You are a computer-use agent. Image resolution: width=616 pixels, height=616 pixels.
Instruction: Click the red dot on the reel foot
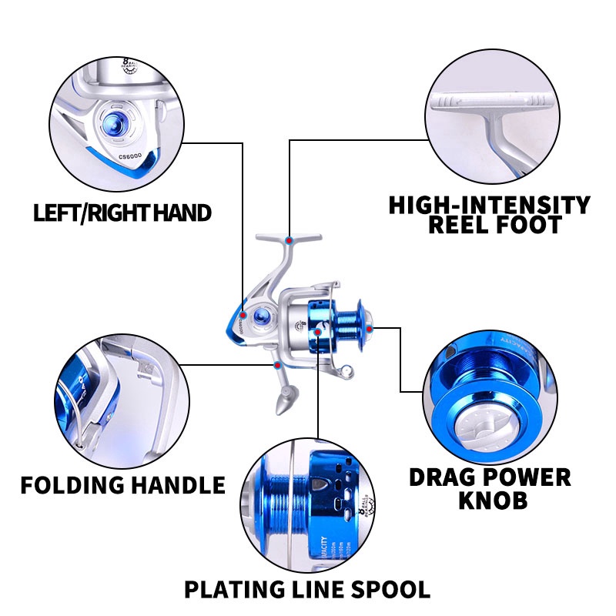[x=288, y=241]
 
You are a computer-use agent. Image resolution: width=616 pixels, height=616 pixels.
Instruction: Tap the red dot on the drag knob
[x=370, y=329]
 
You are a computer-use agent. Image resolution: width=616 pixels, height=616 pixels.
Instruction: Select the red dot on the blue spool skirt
[x=319, y=331]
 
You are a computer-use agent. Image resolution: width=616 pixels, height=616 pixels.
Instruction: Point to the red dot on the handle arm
[x=277, y=363]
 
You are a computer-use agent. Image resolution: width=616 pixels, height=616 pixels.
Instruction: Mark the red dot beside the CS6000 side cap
[x=243, y=315]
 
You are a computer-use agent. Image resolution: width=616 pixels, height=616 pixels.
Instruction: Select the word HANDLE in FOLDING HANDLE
[x=179, y=485]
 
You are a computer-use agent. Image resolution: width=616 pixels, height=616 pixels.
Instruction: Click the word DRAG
[x=449, y=477]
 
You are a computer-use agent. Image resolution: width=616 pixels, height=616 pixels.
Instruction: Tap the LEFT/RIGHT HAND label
[x=122, y=213]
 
